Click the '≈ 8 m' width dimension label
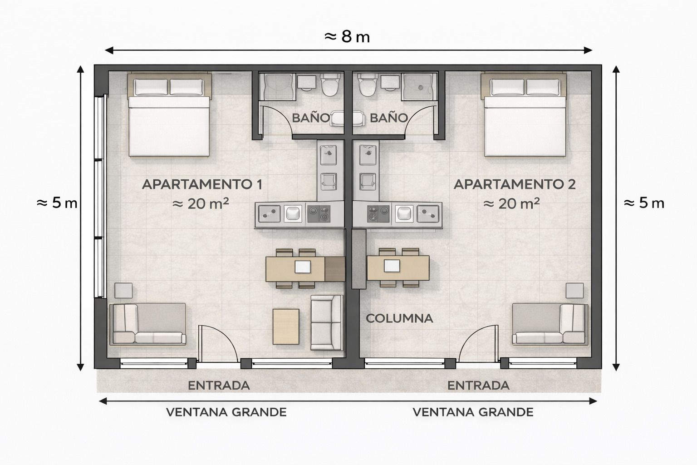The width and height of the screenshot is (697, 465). tap(348, 36)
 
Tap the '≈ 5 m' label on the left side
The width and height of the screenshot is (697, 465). tap(57, 203)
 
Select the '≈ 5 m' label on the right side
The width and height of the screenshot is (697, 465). tap(644, 203)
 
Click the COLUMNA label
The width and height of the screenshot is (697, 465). tap(399, 318)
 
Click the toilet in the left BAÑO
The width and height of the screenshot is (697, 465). tap(329, 85)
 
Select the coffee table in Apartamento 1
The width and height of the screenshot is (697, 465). tap(286, 326)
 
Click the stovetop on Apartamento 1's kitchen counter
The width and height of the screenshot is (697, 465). tap(318, 213)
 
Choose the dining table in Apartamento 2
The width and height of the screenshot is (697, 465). tap(398, 268)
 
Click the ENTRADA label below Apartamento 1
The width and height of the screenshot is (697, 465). tap(219, 386)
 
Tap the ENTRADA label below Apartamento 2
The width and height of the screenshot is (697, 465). tap(478, 386)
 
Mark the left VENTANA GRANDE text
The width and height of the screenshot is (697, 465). tap(226, 412)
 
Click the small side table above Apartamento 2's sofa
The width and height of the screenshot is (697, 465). tap(575, 291)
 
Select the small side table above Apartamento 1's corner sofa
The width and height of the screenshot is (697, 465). tap(123, 291)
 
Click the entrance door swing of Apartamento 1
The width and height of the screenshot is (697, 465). tap(218, 343)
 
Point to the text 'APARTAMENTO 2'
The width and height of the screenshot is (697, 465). tap(515, 184)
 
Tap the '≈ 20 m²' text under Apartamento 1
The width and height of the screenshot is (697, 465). tap(201, 204)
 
